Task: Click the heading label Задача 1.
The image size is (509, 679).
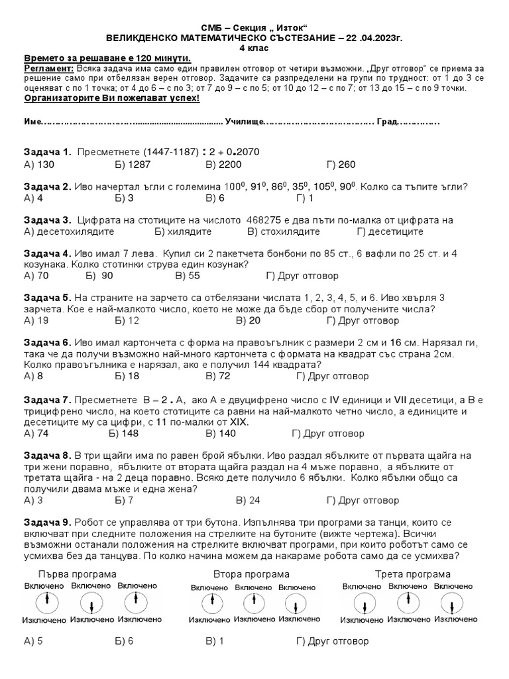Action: coord(47,152)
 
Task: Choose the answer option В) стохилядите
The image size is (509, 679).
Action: coord(284,231)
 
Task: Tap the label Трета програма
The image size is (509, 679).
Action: coord(412,574)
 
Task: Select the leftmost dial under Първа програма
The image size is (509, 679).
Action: coord(45,603)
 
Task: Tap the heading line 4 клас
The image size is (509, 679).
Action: coord(254,48)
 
